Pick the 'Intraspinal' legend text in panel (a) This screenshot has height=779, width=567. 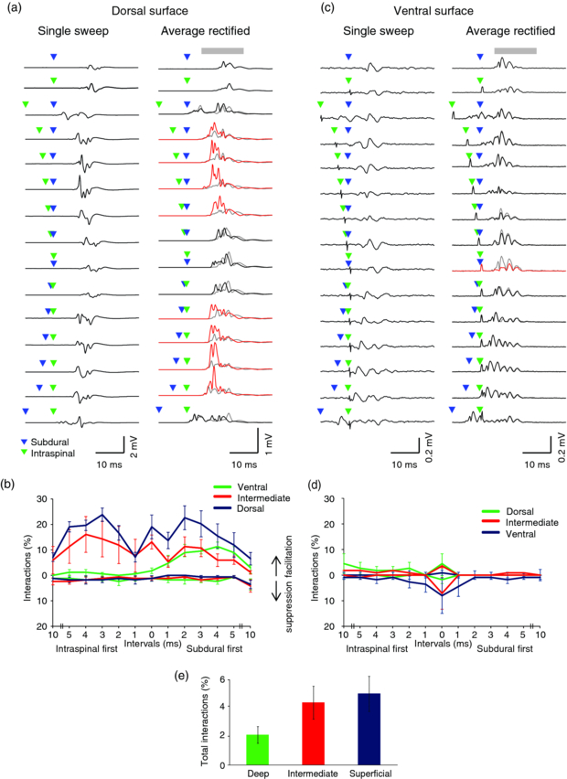(x=51, y=453)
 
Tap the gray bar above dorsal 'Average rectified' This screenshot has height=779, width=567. (x=222, y=50)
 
